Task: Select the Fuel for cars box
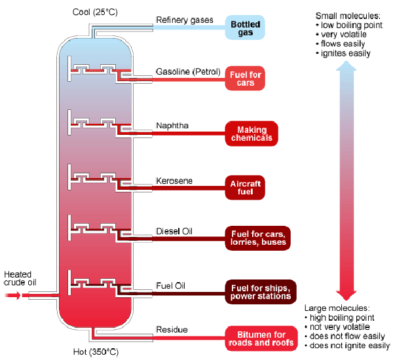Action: pyautogui.click(x=246, y=79)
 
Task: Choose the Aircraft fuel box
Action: pyautogui.click(x=246, y=185)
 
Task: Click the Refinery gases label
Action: pyautogui.click(x=185, y=20)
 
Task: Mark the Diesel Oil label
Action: pyautogui.click(x=174, y=231)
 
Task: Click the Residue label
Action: pyautogui.click(x=171, y=329)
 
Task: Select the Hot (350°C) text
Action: pyautogui.click(x=96, y=351)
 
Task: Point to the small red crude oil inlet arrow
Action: pyautogui.click(x=12, y=296)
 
